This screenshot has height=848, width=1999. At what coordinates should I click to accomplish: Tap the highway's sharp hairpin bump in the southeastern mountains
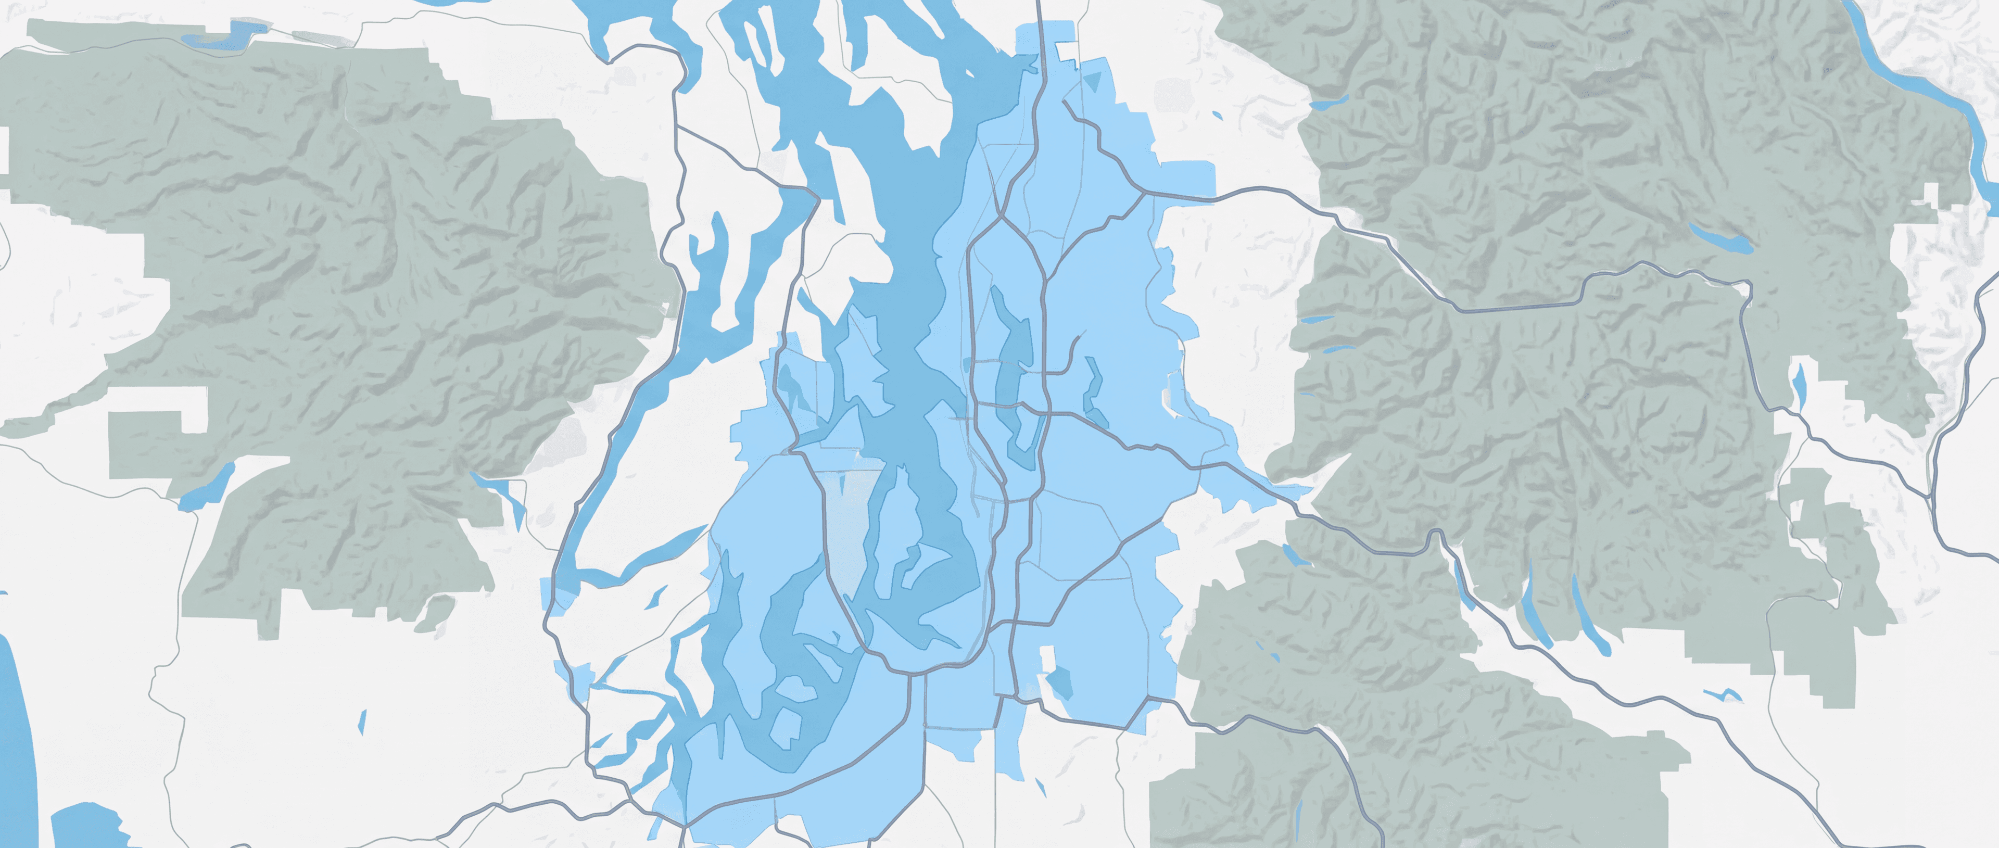pos(1436,535)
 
